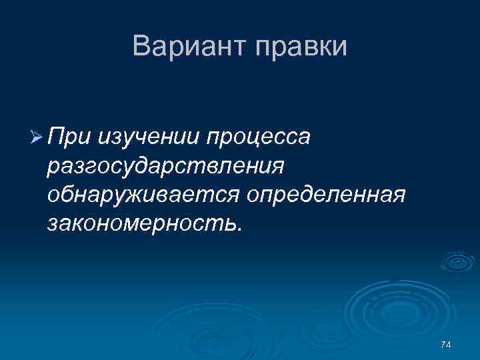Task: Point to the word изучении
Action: click(x=150, y=137)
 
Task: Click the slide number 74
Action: click(x=446, y=345)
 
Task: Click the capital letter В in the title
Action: click(x=141, y=46)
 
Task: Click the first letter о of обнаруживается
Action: click(x=53, y=196)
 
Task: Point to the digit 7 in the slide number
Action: click(x=443, y=345)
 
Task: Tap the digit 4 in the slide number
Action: click(x=449, y=345)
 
